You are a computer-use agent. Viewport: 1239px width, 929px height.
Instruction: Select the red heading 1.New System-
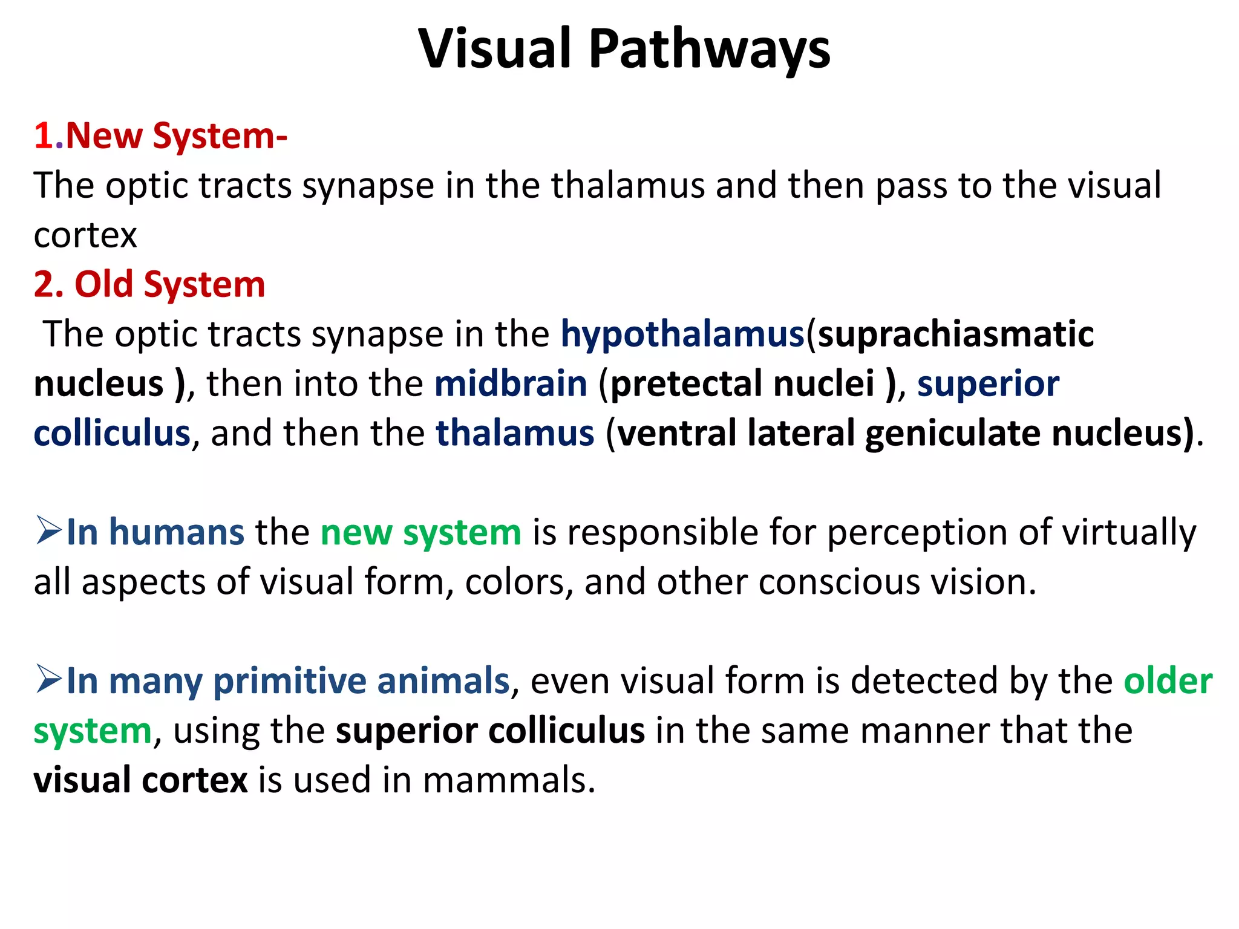(160, 135)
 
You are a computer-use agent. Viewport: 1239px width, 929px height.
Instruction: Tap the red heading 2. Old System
(149, 284)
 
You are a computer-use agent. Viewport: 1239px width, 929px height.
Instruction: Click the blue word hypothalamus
(682, 334)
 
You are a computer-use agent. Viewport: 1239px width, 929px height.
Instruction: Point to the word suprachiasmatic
(955, 334)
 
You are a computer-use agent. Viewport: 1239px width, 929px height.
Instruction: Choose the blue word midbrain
(511, 384)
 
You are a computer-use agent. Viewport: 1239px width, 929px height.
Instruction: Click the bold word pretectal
(685, 384)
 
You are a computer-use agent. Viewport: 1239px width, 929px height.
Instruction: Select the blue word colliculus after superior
(112, 434)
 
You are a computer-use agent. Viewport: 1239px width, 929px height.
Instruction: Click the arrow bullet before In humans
(48, 530)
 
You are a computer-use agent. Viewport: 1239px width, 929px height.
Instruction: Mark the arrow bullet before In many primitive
(48, 679)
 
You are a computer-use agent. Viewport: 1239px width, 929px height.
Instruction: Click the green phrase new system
(420, 533)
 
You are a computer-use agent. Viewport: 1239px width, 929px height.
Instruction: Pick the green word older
(1168, 682)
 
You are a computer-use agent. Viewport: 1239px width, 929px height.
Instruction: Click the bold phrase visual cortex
(140, 780)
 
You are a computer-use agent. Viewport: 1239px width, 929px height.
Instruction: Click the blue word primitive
(290, 682)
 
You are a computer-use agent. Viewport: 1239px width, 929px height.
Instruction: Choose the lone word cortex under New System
(85, 235)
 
